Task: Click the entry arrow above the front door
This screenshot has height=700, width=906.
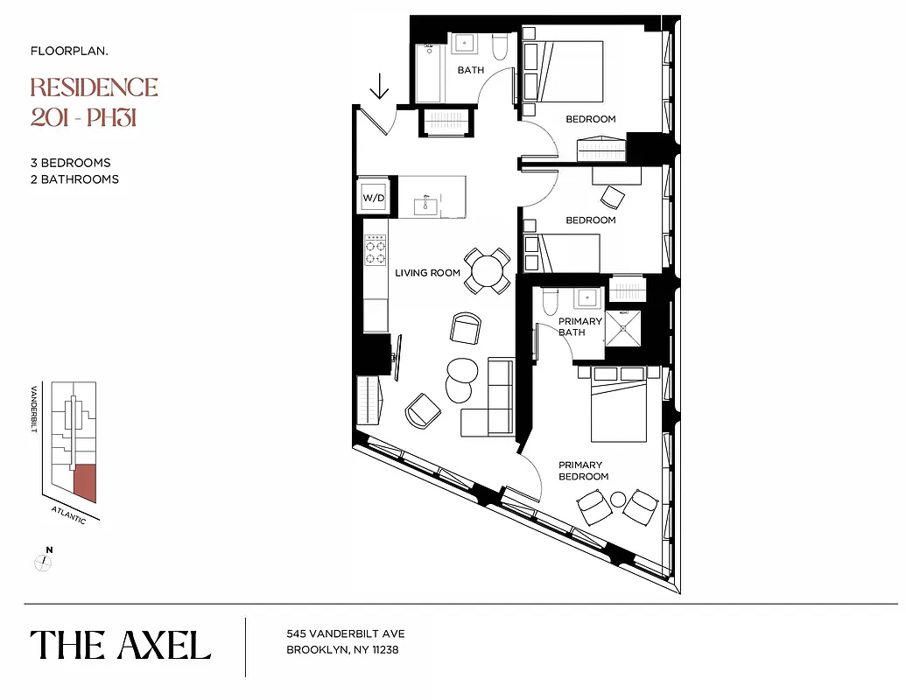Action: [379, 87]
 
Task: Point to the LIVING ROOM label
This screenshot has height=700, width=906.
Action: [427, 273]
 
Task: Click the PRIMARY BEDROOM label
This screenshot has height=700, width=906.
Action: [583, 471]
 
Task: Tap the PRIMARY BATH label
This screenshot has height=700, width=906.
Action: [579, 326]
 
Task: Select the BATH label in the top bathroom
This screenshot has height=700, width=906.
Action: [471, 70]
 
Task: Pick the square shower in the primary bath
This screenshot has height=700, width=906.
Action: [623, 328]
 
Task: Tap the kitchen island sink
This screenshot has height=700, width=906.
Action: [427, 206]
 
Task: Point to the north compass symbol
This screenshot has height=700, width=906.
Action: [43, 562]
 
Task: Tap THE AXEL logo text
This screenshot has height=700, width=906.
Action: [121, 646]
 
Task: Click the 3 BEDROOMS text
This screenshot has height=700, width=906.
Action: [70, 163]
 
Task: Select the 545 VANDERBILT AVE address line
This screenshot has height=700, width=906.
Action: [346, 633]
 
